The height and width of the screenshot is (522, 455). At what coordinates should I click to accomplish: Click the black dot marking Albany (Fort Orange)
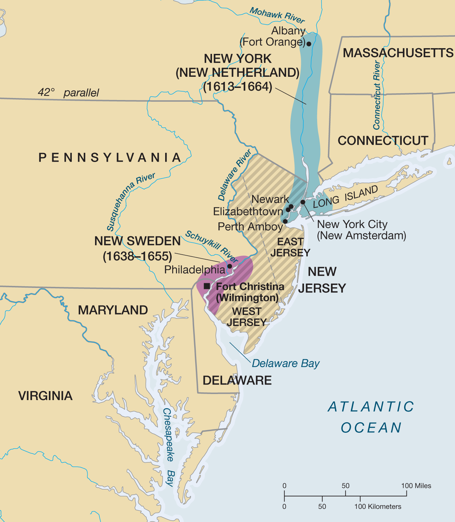[309, 44]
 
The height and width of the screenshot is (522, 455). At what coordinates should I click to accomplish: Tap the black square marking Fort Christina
[207, 286]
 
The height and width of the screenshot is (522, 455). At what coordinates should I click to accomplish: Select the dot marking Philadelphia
[230, 266]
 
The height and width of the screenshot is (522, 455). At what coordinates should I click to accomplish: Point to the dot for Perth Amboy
[285, 221]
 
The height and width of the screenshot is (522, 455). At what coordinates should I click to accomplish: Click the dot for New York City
[303, 202]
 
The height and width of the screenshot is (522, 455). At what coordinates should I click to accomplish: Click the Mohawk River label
[277, 15]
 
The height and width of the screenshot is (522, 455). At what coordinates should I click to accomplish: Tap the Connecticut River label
[377, 95]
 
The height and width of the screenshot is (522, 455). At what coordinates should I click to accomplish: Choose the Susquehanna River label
[131, 201]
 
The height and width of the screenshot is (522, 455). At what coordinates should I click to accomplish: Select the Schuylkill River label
[212, 247]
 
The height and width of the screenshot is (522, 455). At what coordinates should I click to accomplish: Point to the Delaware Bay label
[285, 363]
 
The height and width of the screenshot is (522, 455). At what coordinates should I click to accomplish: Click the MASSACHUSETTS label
[398, 53]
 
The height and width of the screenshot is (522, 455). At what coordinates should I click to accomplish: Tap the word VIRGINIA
[45, 396]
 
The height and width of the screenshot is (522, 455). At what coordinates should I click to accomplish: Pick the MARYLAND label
[113, 310]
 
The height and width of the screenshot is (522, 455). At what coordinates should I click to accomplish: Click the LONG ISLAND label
[345, 197]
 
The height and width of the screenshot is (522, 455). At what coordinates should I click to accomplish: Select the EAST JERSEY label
[290, 247]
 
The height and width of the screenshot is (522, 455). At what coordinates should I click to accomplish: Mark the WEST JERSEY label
[247, 317]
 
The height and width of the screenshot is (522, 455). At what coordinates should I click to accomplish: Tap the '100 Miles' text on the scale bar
[416, 486]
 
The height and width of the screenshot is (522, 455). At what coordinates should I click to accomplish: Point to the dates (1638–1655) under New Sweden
[138, 256]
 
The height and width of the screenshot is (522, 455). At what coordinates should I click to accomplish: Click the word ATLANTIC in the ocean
[371, 407]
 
